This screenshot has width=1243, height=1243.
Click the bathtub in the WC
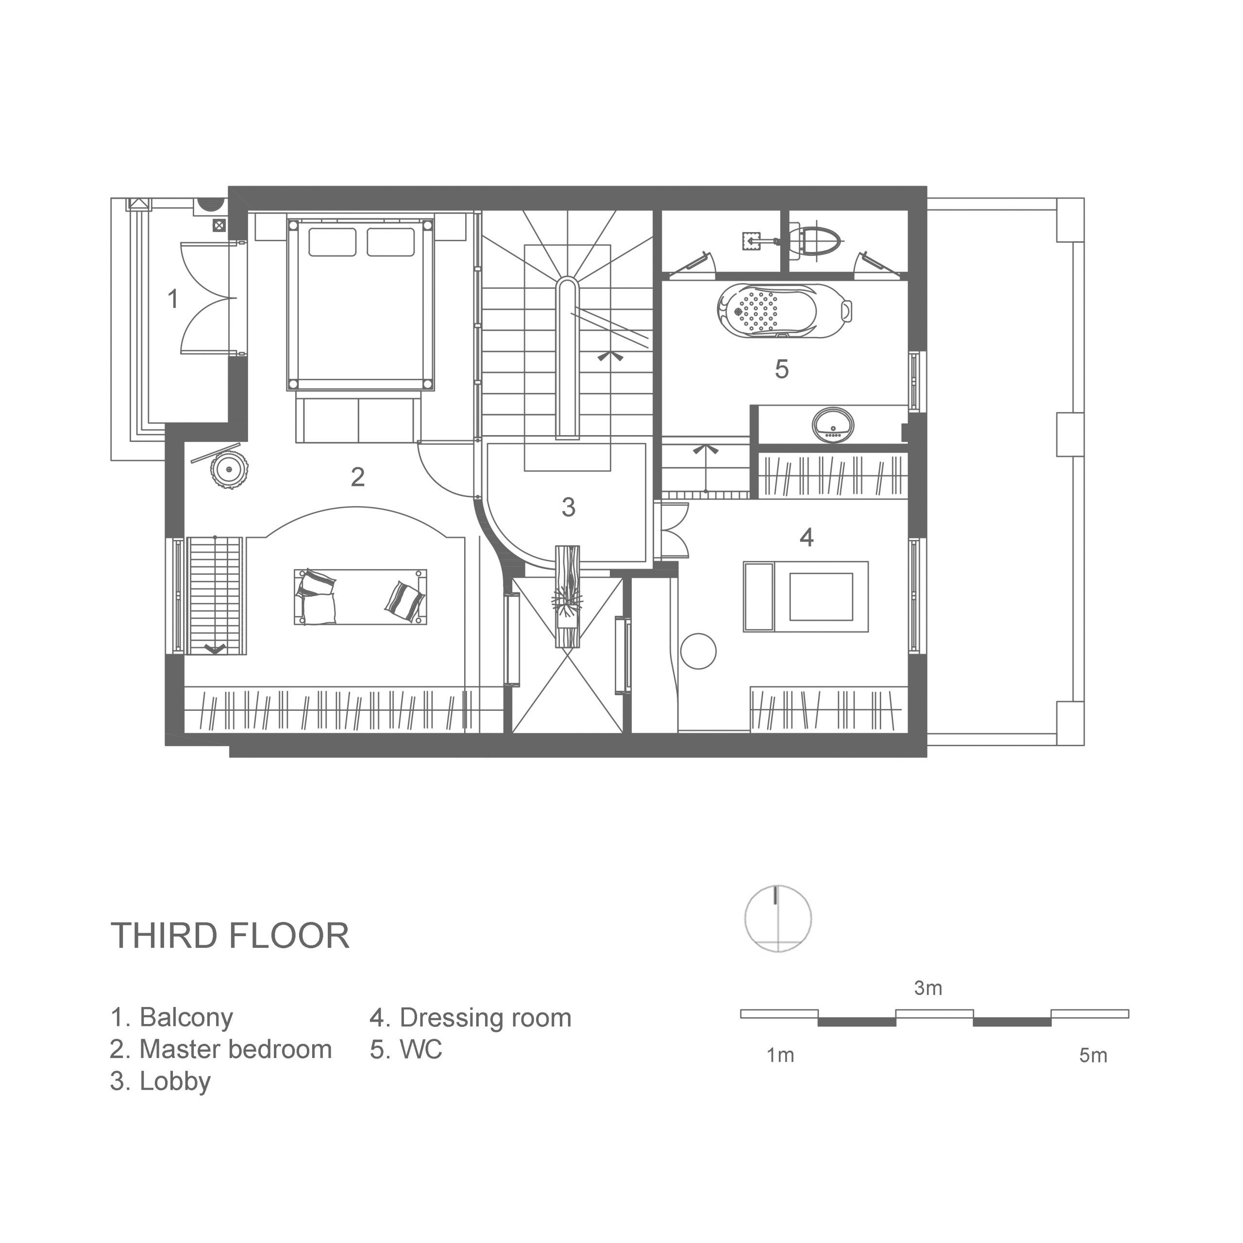pos(785,311)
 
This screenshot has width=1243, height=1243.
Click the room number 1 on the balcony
pos(172,299)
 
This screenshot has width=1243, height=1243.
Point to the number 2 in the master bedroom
pos(358,477)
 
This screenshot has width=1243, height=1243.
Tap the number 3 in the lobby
pos(568,507)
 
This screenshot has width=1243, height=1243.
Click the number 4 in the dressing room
pos(806,537)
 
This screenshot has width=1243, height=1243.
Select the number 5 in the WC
pos(782,370)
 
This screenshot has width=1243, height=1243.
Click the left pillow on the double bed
pos(332,242)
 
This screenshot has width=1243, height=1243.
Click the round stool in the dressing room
pos(698,651)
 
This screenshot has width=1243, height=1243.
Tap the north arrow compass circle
pos(778,919)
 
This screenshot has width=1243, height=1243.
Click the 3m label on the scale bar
pos(928,988)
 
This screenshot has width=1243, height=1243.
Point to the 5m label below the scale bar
pos(1093,1056)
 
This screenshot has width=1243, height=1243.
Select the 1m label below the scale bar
pos(780,1056)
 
